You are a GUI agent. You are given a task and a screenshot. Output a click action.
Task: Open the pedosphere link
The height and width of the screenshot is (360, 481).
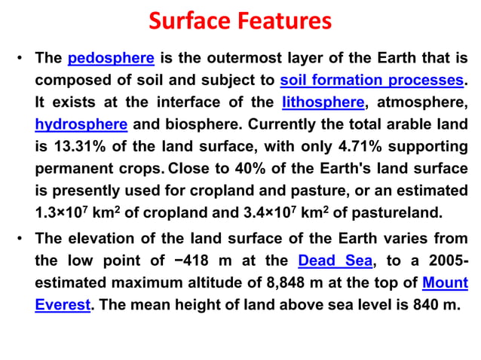(x=111, y=58)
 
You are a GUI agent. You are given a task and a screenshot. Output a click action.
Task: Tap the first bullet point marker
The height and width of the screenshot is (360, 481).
(x=19, y=59)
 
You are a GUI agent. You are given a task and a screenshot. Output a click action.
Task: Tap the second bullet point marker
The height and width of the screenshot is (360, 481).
(x=19, y=239)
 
